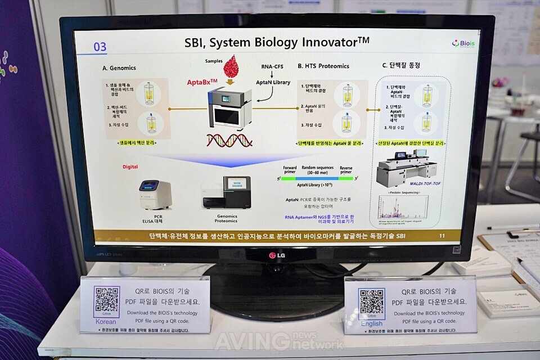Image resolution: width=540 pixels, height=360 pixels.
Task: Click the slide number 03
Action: [x=100, y=47]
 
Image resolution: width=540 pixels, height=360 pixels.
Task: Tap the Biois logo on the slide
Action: [x=463, y=43]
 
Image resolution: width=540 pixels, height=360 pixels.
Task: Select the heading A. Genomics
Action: [x=119, y=68]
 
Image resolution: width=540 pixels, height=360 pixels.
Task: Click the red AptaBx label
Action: [x=202, y=82]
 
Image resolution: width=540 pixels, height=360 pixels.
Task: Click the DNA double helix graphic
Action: [x=228, y=140]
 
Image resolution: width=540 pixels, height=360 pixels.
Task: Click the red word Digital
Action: [x=130, y=167]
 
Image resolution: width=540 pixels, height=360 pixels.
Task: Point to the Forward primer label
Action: [x=290, y=169]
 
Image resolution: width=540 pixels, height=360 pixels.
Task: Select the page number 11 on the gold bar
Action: [x=442, y=236]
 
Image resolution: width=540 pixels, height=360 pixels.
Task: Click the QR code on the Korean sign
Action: [x=107, y=301]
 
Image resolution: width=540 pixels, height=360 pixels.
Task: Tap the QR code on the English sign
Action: [x=371, y=304]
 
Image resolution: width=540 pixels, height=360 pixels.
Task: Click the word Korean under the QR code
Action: [x=106, y=322]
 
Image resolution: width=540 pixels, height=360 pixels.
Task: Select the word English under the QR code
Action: [x=371, y=324]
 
